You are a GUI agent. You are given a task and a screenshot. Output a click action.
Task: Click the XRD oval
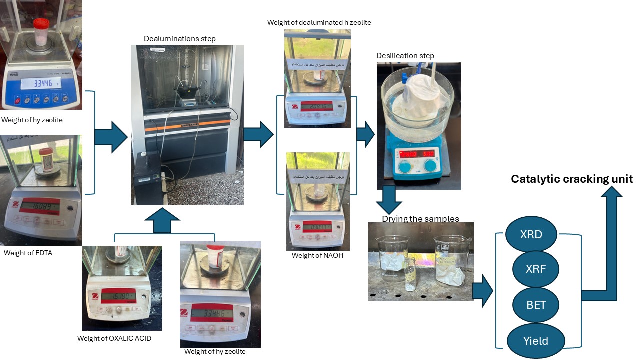tap(531, 234)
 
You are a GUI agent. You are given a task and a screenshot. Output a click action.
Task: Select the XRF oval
tap(535, 269)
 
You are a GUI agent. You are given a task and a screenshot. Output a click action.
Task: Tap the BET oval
tap(536, 305)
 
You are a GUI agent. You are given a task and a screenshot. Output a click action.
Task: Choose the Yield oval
tap(535, 341)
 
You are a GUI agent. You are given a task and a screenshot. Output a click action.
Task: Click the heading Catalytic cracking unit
tap(571, 179)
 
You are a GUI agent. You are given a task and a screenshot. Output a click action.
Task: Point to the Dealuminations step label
tap(180, 38)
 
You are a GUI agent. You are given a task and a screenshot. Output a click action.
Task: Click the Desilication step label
tap(405, 55)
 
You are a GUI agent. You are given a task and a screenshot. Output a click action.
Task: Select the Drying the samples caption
tap(420, 219)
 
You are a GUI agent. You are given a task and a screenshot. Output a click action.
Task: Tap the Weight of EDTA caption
tap(28, 253)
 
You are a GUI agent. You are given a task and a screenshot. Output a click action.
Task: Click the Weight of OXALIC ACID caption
tap(114, 338)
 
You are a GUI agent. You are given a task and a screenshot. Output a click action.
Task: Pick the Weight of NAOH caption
tap(318, 256)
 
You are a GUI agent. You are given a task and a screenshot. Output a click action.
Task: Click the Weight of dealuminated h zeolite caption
tap(319, 22)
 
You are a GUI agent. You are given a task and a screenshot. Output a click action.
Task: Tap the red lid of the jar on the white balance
tap(41, 23)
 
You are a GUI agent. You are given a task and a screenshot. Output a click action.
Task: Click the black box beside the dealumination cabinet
tap(148, 177)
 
